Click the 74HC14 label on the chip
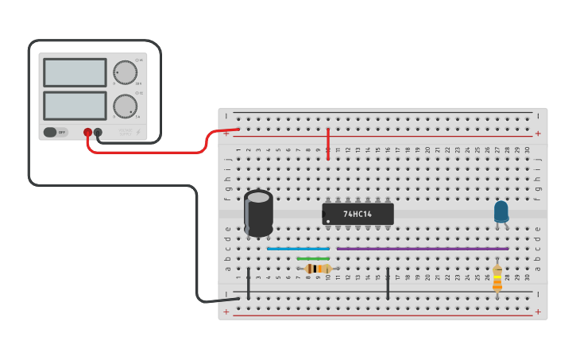tap(358, 214)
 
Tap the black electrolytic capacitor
tap(258, 212)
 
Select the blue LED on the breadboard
tap(501, 211)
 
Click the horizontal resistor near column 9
tap(318, 269)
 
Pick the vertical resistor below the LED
tap(497, 277)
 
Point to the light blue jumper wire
tap(298, 249)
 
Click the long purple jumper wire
tap(422, 249)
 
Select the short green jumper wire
tap(312, 258)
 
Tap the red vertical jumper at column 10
tap(327, 143)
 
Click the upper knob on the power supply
tap(124, 72)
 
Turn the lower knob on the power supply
tap(124, 106)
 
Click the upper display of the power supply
tap(75, 72)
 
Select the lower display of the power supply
tap(75, 106)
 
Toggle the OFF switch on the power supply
tap(50, 133)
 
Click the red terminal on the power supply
tap(87, 133)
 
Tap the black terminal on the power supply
tap(98, 133)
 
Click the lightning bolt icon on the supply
tap(138, 132)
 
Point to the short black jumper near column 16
tap(388, 283)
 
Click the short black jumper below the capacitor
tap(248, 283)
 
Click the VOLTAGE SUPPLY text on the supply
tap(126, 132)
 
